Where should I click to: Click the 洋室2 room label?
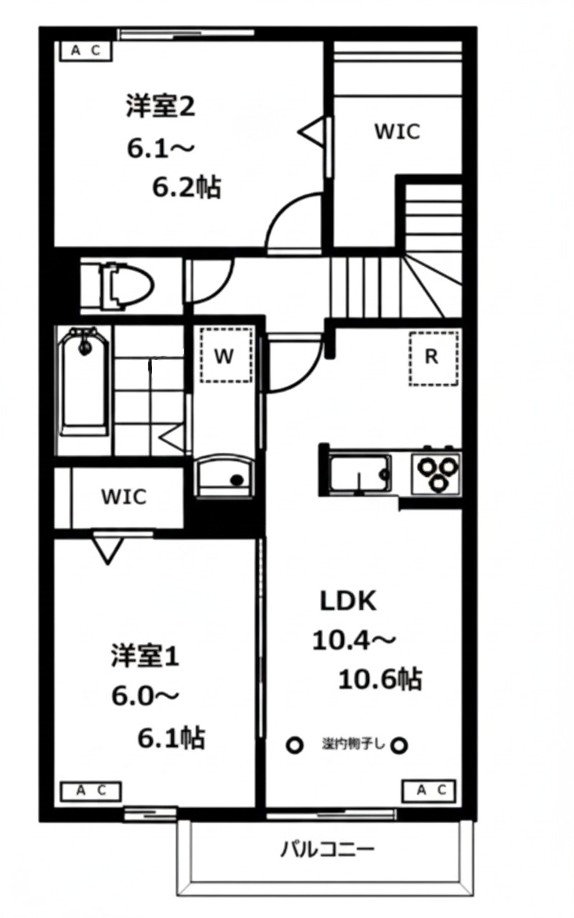tap(161, 107)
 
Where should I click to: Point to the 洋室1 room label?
tap(144, 657)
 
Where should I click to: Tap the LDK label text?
tap(347, 601)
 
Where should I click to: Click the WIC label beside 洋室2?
tap(397, 132)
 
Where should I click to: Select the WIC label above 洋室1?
tap(123, 496)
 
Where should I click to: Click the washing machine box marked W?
tap(225, 356)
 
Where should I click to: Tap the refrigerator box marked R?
tap(432, 358)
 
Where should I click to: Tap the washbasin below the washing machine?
tap(225, 474)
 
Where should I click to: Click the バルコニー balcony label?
tap(326, 851)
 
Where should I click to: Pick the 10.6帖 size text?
tap(380, 678)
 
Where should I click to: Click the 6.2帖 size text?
tap(186, 187)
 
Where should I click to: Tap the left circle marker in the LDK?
tap(295, 746)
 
